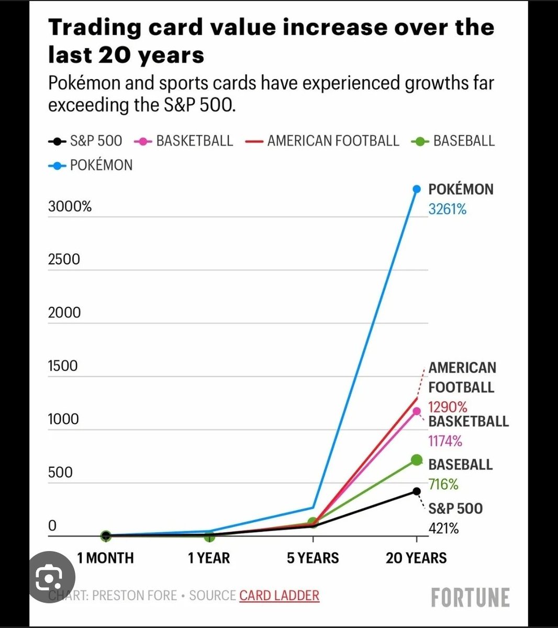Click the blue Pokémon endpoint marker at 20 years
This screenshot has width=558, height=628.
click(x=417, y=189)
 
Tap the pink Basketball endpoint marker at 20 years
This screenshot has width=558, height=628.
click(x=417, y=411)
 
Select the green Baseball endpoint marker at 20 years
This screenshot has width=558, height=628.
click(x=417, y=460)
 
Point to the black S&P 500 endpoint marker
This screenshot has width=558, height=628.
click(x=417, y=491)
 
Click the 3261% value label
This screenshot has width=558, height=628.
click(x=448, y=209)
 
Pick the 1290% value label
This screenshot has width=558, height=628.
click(x=448, y=407)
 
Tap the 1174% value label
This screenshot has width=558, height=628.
click(x=445, y=441)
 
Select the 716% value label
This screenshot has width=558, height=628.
click(x=443, y=484)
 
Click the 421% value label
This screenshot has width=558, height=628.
click(x=443, y=528)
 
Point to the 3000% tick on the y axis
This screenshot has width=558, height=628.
click(x=70, y=206)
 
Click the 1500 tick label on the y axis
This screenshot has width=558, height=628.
click(x=63, y=366)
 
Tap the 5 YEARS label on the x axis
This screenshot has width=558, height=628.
click(x=313, y=558)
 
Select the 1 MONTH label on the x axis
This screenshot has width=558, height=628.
click(x=105, y=558)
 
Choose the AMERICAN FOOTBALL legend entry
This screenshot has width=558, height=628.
click(x=322, y=141)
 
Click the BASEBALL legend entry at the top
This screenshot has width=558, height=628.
click(x=453, y=141)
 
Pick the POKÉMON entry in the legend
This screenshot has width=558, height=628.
click(x=91, y=165)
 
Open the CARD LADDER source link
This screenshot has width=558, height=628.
click(x=280, y=596)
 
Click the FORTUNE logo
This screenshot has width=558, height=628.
click(x=470, y=597)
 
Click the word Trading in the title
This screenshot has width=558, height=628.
click(x=95, y=28)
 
